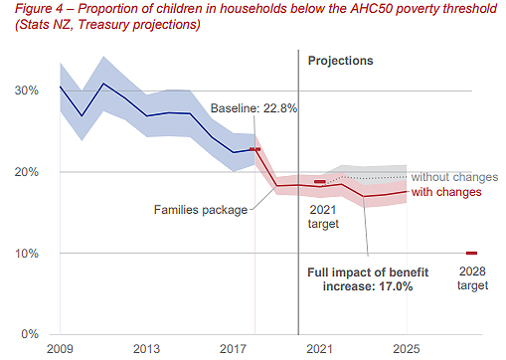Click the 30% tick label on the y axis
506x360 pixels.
point(27,90)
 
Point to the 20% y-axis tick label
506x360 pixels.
point(27,172)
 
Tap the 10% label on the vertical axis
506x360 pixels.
point(27,254)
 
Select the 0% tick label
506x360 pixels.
point(30,334)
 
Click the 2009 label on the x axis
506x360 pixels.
point(60,349)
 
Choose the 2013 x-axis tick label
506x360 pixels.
point(146,349)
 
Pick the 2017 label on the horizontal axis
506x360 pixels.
point(233,349)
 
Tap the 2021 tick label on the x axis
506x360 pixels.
point(319,349)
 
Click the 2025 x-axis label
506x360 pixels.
point(407,349)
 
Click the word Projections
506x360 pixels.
point(341,61)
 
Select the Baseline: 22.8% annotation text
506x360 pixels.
point(253,108)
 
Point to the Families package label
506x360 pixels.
point(201,210)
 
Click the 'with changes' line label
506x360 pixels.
point(446,192)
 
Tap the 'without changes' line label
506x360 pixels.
point(454,177)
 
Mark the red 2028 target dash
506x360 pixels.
point(471,254)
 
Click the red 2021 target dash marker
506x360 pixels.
point(320,182)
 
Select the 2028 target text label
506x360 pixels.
point(472,278)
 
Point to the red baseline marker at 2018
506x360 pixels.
point(254,149)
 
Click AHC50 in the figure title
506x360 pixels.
point(371,9)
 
